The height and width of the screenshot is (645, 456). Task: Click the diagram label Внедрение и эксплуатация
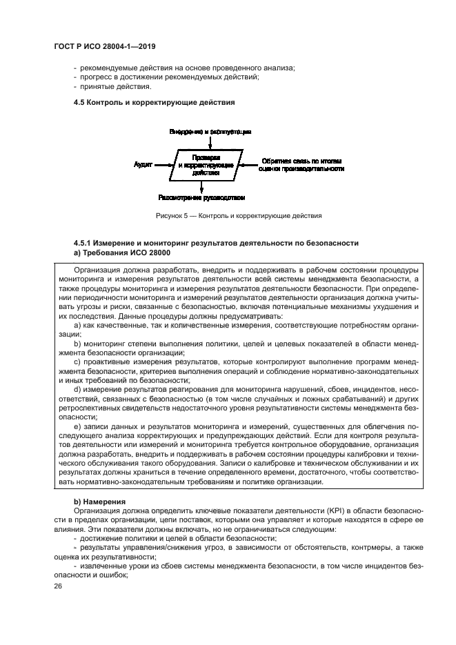tap(210, 131)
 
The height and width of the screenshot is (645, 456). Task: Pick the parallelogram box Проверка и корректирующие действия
tap(202, 166)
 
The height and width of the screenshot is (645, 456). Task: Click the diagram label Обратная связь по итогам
tap(301, 161)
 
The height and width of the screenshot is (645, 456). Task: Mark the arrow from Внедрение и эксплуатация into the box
tap(210, 141)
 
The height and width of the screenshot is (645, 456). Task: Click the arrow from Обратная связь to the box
tap(247, 165)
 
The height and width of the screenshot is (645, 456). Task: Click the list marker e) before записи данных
tap(77, 428)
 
